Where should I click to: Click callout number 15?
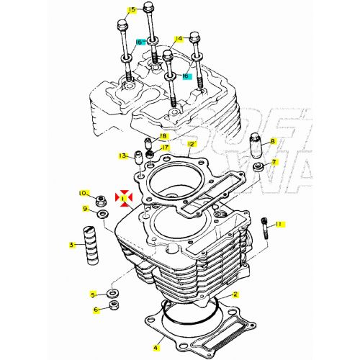coord(132,10)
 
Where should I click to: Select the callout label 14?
coord(179,39)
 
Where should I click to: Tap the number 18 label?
coord(163,136)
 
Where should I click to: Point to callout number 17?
coord(166,148)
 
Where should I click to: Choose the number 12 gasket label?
coord(191,144)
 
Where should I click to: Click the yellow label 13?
coord(123,156)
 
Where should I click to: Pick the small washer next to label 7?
coord(258,167)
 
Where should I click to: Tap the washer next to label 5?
coord(113,294)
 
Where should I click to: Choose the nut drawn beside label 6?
coord(114,308)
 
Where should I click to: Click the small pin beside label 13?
coord(136,156)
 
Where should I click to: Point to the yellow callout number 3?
coord(72,246)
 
